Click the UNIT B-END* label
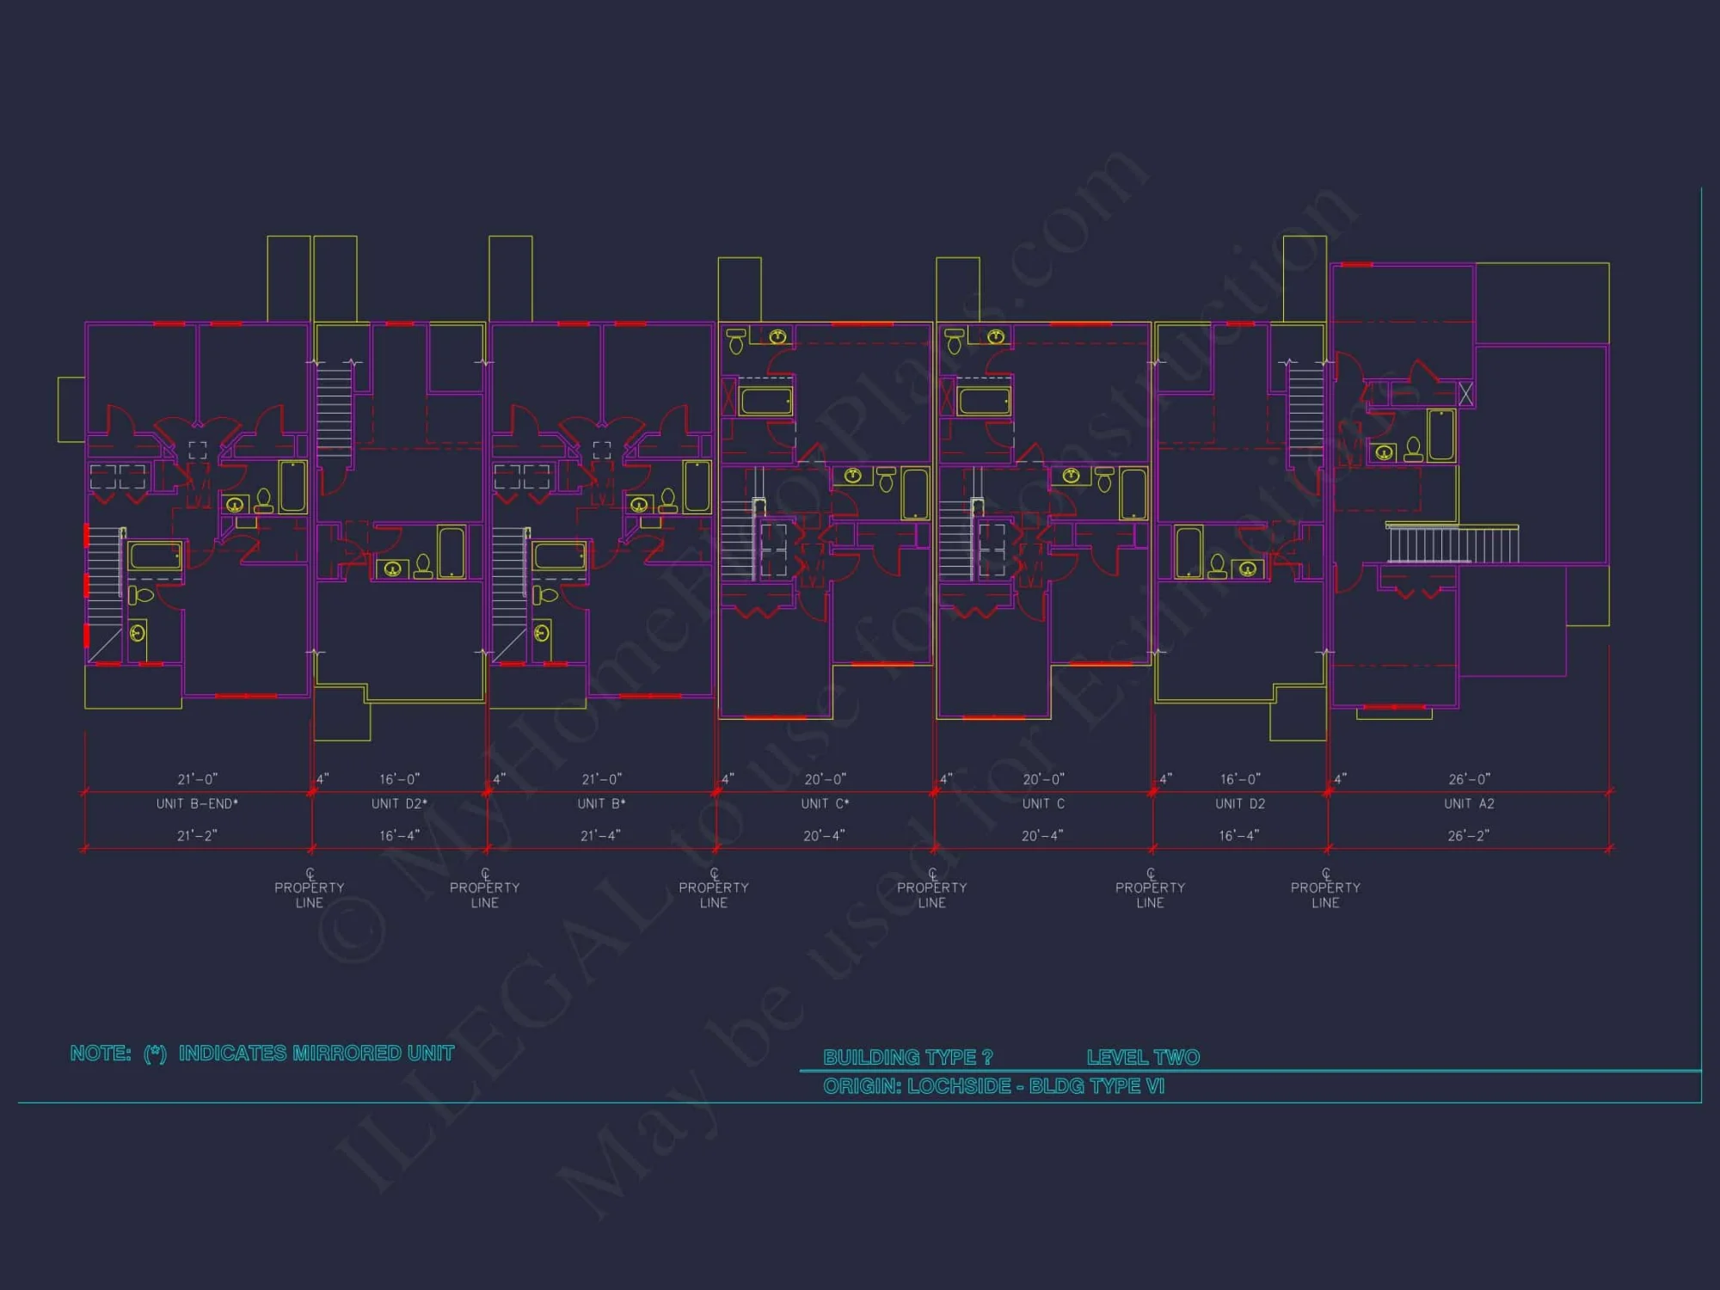[197, 804]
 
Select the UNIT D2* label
[399, 804]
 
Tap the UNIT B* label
[601, 804]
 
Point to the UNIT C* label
[825, 804]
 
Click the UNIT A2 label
[1469, 804]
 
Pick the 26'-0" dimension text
[1469, 779]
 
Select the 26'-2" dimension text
[1468, 836]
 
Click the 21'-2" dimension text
[197, 836]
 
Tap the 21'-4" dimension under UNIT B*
[600, 836]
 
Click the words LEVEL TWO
[1143, 1057]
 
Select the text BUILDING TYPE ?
[907, 1057]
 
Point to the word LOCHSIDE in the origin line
[959, 1086]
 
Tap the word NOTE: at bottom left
[101, 1053]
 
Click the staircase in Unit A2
[1453, 544]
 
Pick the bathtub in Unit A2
[1441, 435]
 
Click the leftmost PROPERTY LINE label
[309, 894]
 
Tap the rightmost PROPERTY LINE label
[1325, 894]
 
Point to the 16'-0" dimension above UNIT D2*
[399, 779]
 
